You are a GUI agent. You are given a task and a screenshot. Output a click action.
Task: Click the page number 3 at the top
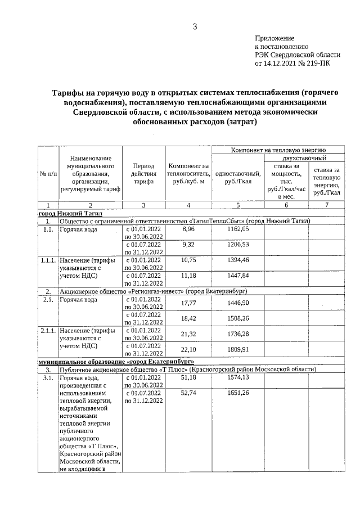click(195, 26)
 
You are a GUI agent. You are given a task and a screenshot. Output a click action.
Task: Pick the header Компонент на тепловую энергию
click(278, 151)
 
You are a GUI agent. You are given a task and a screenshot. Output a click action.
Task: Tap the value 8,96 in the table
click(188, 229)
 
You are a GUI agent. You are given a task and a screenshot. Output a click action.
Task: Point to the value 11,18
click(188, 276)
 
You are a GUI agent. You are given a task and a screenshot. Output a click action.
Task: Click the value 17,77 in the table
click(188, 303)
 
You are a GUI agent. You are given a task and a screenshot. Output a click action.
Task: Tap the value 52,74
click(188, 393)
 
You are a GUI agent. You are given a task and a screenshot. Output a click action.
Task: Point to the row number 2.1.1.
click(48, 331)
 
